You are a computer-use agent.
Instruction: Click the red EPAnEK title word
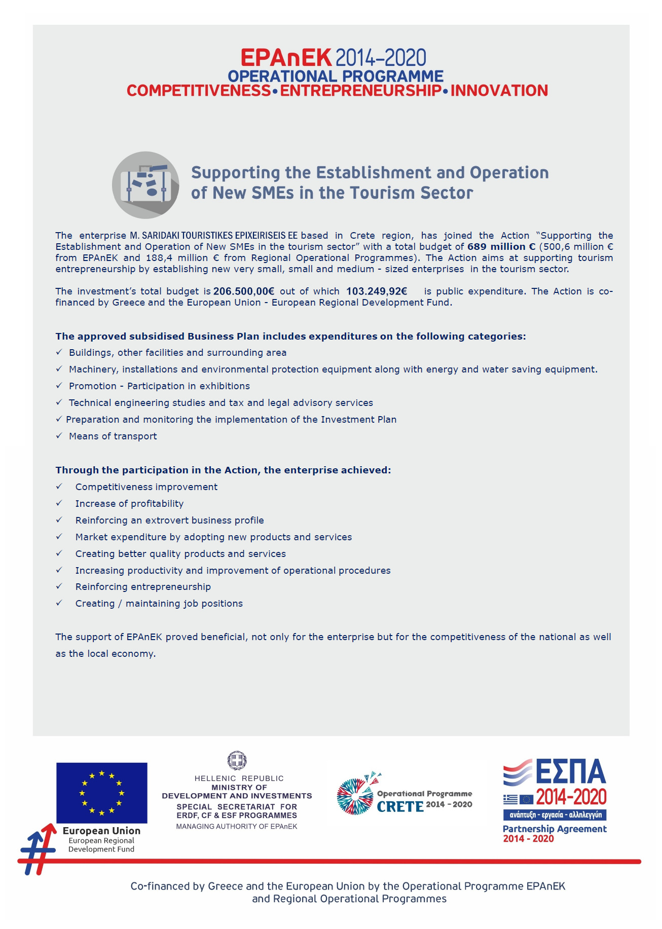coord(286,58)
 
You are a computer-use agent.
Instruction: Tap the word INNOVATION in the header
coord(499,91)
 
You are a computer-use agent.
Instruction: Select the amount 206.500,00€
coord(244,291)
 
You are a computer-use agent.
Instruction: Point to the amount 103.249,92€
coord(377,291)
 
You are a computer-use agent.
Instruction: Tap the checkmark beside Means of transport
coord(59,436)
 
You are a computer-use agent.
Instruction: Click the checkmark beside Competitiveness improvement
coord(59,487)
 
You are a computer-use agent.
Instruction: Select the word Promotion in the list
coord(93,386)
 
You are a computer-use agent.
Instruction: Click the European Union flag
coord(102,793)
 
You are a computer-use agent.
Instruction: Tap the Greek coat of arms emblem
coord(237,760)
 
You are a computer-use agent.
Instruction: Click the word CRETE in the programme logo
coord(400,806)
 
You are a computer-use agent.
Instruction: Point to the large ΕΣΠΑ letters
coord(570,772)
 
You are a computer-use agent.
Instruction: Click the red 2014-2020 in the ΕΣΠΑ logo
coord(571,797)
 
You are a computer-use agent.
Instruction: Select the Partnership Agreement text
coord(555,829)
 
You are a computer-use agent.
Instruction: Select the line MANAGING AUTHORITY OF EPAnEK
coord(237,827)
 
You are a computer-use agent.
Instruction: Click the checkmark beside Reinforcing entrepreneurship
coord(59,586)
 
